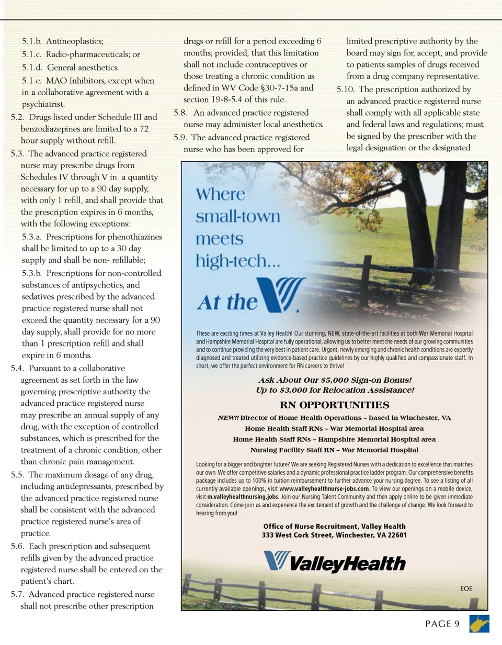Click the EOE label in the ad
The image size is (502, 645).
point(466,588)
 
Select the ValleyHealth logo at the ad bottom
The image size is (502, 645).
point(334,562)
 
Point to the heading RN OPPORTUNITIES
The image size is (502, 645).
point(334,405)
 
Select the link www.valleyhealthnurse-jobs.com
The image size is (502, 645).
point(322,488)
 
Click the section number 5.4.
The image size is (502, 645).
point(18,368)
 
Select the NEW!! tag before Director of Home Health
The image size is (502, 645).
point(228,418)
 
